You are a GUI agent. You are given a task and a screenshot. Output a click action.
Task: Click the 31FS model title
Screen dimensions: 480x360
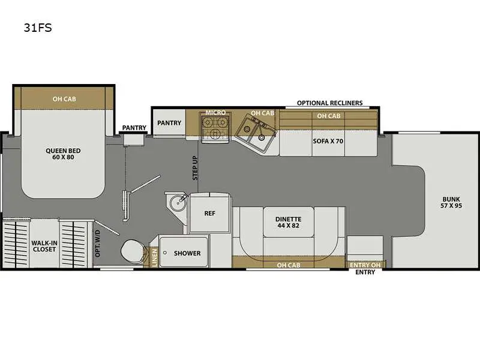[38, 28]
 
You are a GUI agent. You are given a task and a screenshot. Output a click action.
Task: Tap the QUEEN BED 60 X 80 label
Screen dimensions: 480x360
[63, 154]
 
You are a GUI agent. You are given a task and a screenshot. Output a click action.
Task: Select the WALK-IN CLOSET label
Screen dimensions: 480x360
[44, 246]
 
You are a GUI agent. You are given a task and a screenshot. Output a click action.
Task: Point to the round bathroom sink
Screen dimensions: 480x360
[178, 202]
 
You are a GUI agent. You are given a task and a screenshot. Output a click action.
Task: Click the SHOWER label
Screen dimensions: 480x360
[187, 253]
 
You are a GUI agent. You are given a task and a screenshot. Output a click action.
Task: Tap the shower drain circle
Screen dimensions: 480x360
[165, 253]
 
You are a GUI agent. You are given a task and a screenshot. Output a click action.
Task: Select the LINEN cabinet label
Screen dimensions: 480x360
[154, 257]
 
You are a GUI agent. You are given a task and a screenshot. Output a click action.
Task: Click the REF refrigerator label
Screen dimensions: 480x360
[209, 214]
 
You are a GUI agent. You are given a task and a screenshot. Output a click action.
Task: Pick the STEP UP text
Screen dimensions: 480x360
[195, 168]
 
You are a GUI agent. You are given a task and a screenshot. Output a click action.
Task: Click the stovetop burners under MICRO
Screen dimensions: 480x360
[215, 127]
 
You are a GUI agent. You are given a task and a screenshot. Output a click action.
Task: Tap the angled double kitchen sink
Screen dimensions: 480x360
[256, 132]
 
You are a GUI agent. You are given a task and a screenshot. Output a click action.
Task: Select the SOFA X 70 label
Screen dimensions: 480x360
[328, 141]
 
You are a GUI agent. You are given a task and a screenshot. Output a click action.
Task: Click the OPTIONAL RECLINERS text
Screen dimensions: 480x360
[329, 103]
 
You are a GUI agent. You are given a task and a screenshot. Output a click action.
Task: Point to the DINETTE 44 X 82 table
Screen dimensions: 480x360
[289, 222]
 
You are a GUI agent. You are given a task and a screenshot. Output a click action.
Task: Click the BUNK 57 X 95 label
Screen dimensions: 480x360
[451, 202]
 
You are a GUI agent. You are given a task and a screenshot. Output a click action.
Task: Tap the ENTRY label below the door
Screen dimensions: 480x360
[365, 272]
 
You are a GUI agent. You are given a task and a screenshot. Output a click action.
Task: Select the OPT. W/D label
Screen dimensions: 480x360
[97, 244]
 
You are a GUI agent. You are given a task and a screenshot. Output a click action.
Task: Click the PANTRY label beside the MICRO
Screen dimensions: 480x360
[169, 123]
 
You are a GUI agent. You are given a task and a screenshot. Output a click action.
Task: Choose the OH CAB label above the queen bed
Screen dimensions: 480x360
[64, 99]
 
